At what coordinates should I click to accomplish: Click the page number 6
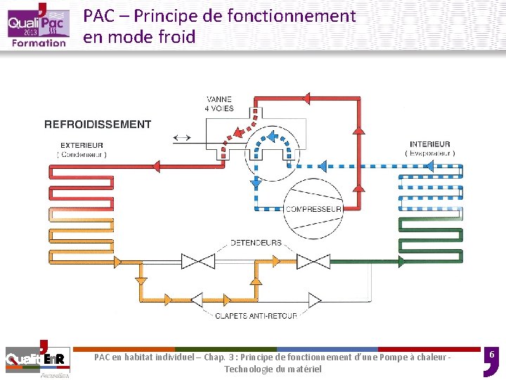493,357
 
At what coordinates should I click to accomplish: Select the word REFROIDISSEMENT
98,125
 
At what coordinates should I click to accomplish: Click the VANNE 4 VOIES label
219,103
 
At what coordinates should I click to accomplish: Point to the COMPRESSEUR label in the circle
313,209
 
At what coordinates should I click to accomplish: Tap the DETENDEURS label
256,243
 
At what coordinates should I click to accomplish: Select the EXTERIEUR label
82,146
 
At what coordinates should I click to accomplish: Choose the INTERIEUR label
429,145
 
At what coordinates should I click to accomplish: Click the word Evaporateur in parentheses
430,153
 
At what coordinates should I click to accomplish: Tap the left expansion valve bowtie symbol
197,262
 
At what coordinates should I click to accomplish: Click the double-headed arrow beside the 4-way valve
181,137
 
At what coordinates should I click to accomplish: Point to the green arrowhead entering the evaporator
401,262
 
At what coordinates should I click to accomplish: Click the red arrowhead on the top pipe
305,98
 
